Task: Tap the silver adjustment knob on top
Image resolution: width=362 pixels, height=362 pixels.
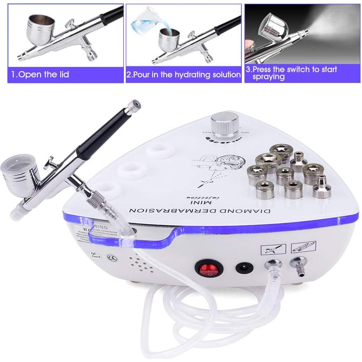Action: (224, 126)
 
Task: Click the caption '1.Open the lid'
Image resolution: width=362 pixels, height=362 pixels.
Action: (40, 74)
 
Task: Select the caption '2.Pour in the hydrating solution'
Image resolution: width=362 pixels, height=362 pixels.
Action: (183, 74)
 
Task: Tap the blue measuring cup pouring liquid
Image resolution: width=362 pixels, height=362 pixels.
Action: (144, 22)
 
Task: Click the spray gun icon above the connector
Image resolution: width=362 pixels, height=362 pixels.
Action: (274, 248)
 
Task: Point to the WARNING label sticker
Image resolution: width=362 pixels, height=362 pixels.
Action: (89, 233)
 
